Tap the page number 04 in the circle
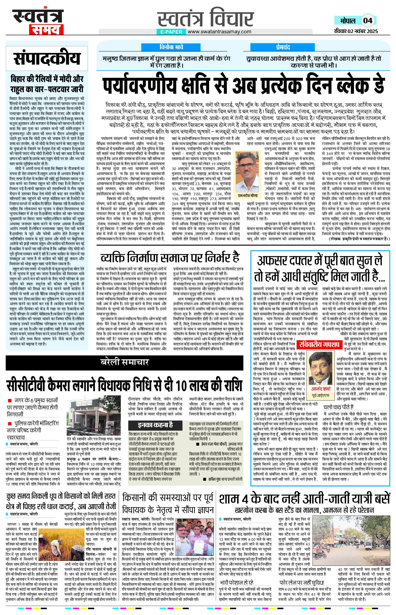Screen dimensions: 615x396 [x=368, y=20]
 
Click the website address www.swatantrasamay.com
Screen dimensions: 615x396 [x=220, y=32]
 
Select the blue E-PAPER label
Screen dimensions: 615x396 [x=171, y=32]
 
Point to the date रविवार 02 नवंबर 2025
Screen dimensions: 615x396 [x=356, y=31]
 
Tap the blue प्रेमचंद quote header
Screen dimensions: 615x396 [x=283, y=47]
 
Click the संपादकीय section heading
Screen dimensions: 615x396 [x=47, y=58]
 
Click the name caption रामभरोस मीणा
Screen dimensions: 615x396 [x=248, y=196]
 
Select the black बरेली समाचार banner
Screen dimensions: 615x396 [x=124, y=362]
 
